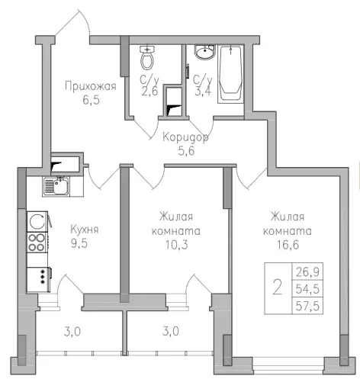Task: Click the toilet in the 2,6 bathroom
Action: tap(148, 58)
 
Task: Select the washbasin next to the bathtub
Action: tap(204, 53)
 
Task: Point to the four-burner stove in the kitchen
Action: tap(37, 243)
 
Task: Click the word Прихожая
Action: tap(90, 86)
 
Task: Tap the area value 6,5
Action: tap(90, 99)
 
